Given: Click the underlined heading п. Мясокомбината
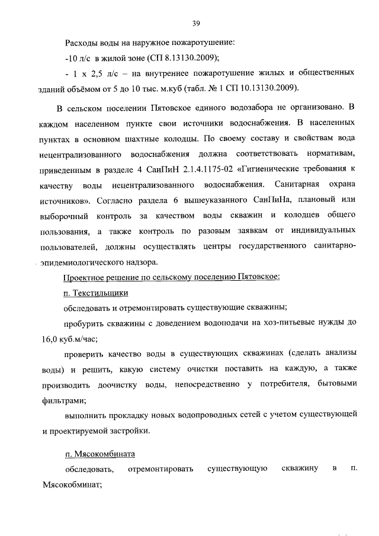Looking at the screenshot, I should pyautogui.click(x=99, y=454).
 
